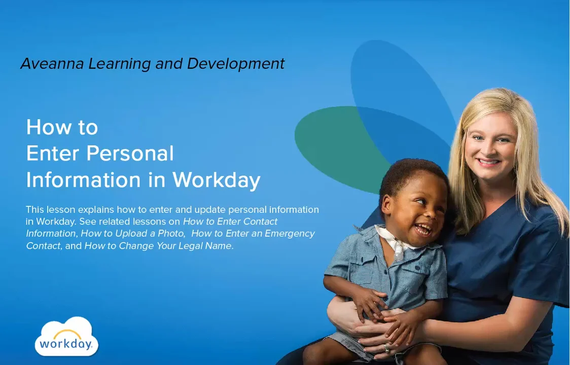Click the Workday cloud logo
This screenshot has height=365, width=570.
[x=66, y=337]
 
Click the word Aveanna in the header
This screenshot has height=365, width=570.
[x=53, y=64]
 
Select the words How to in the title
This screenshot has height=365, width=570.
[x=62, y=127]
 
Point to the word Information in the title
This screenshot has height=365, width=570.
[x=83, y=179]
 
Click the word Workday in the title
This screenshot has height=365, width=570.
[x=216, y=179]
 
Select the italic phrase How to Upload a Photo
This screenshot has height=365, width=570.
[x=133, y=234]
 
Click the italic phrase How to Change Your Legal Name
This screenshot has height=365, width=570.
[x=158, y=246]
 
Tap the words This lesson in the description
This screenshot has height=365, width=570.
[x=46, y=209]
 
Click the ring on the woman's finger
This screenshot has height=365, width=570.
[x=386, y=348]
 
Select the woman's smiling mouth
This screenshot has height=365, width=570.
[x=488, y=162]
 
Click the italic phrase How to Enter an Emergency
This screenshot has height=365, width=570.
[x=253, y=234]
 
